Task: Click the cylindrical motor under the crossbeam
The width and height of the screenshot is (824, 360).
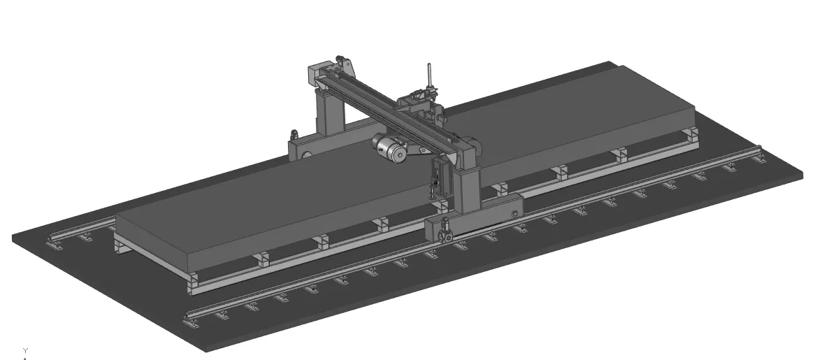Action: click(x=389, y=147)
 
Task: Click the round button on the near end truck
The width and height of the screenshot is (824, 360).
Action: click(x=514, y=213)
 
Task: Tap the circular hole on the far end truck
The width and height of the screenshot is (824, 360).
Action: click(x=305, y=154)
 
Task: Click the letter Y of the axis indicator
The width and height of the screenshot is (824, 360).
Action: click(x=25, y=350)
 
